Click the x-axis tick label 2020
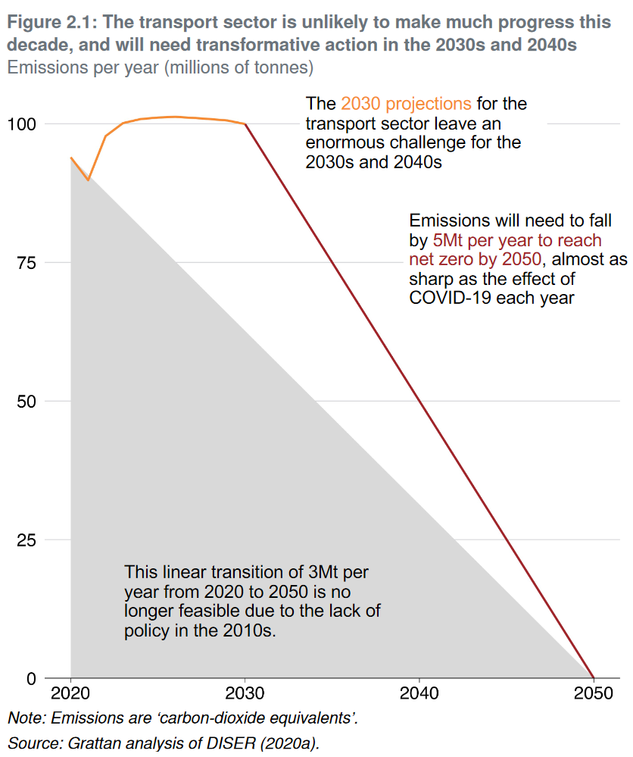coord(70,694)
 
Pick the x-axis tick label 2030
coord(245,694)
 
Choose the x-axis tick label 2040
coord(419,694)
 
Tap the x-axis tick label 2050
coord(593,694)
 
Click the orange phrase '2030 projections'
coord(406,103)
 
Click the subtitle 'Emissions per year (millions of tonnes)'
coord(160,67)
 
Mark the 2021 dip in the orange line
coord(89,180)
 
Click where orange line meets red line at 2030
coord(245,124)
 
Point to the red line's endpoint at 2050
coord(593,677)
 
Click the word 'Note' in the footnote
coord(23,718)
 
